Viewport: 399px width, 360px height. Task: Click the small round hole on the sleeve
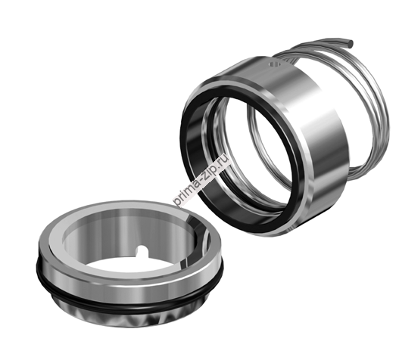(x=274, y=64)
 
